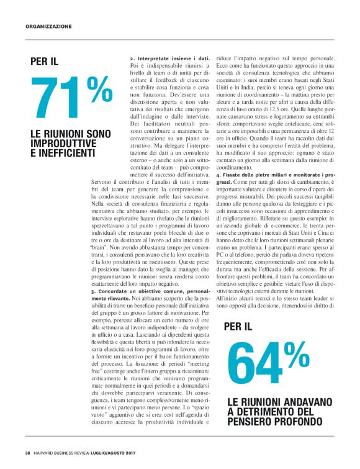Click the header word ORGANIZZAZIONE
point(48,27)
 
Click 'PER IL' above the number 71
point(45,61)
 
